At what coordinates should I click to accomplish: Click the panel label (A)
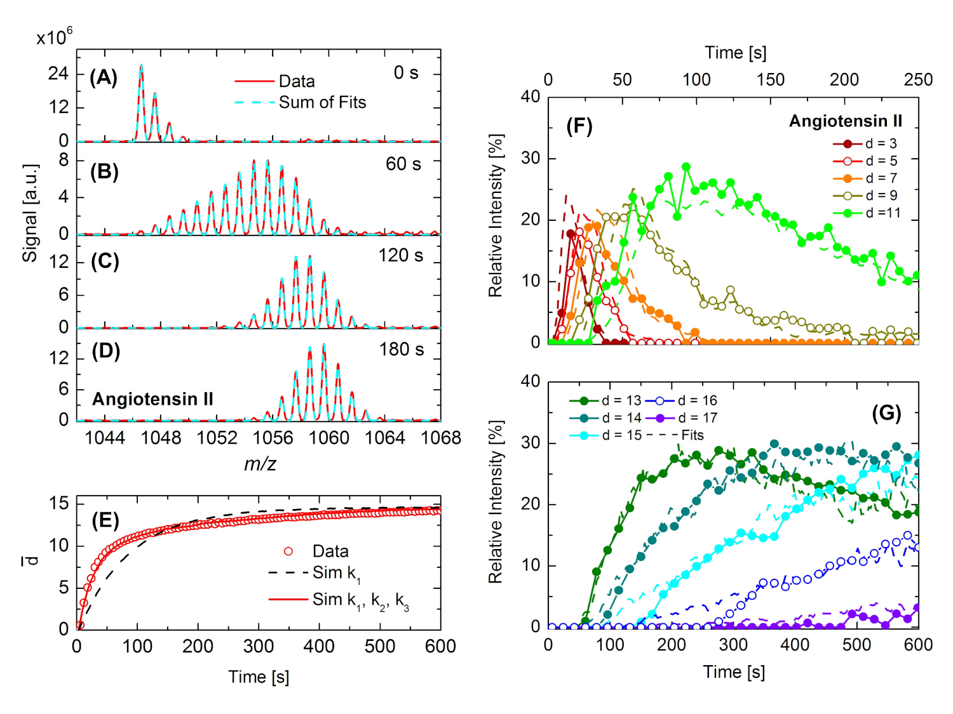click(x=104, y=77)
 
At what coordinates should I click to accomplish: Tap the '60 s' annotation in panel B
click(x=403, y=164)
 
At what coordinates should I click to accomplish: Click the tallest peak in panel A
click(x=141, y=65)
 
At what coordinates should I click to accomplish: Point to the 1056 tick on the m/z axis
click(x=273, y=438)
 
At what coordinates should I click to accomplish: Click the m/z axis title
click(x=260, y=464)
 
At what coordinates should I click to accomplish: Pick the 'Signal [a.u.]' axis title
click(x=30, y=213)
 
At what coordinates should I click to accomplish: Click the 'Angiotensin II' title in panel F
click(x=845, y=121)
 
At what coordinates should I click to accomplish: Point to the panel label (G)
click(x=886, y=414)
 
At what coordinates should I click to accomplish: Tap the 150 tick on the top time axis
click(x=770, y=80)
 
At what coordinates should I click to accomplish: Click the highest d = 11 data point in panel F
click(x=686, y=167)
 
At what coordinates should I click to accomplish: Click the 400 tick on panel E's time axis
click(x=319, y=647)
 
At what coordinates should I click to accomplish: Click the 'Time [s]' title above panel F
click(x=735, y=53)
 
